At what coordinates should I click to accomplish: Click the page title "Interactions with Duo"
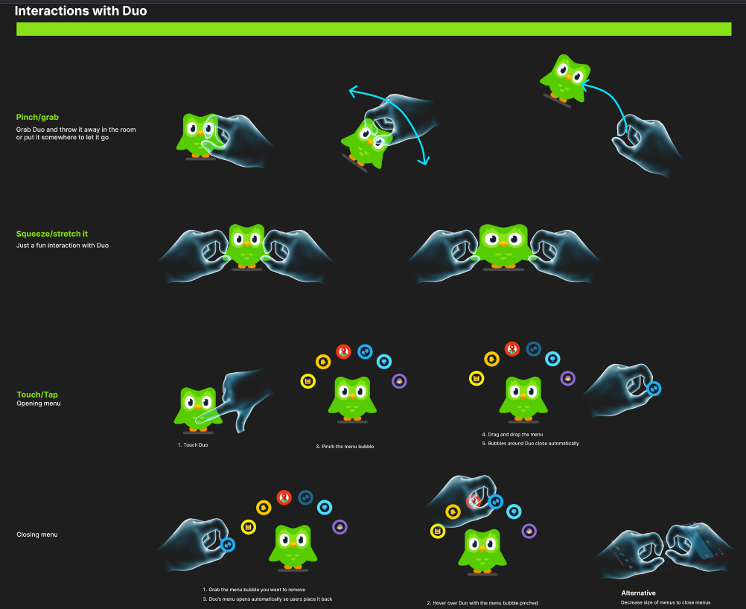point(80,11)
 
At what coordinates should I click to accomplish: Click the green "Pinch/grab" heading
point(37,118)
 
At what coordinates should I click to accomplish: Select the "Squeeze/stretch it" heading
point(52,234)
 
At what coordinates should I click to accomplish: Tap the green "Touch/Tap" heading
point(37,395)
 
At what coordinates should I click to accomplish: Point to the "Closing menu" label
point(37,535)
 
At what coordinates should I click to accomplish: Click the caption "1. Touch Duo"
point(192,444)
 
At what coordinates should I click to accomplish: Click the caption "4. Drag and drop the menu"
point(513,434)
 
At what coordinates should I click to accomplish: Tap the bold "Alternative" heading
point(638,593)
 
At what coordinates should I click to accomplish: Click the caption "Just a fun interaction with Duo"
point(63,245)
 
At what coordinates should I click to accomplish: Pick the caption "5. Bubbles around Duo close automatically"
point(530,443)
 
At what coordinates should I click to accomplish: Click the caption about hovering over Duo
point(482,603)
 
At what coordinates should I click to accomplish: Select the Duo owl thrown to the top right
point(567,76)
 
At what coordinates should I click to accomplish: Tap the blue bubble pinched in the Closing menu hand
point(229,544)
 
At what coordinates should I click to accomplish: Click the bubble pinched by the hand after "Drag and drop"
point(654,388)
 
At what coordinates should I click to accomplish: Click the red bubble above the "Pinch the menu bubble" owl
point(343,351)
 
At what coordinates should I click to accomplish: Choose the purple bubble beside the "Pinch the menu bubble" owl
point(400,381)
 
